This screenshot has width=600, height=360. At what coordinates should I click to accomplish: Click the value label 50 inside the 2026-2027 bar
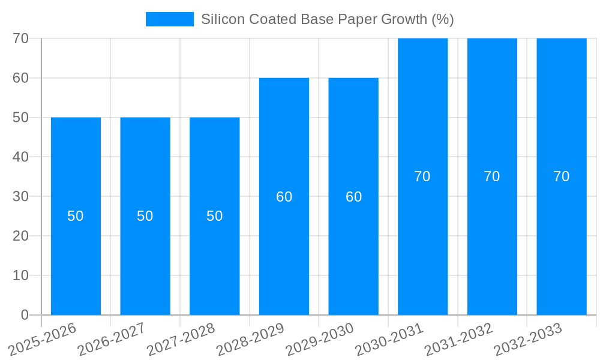145,216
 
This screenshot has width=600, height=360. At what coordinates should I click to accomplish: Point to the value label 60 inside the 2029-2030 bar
353,197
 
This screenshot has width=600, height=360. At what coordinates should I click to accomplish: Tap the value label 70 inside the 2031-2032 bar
492,176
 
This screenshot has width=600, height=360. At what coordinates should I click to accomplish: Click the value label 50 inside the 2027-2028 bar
215,216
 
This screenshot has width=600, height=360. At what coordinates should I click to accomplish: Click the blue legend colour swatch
170,19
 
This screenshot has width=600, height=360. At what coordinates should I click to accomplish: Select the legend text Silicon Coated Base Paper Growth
327,19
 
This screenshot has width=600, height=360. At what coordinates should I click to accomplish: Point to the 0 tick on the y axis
25,315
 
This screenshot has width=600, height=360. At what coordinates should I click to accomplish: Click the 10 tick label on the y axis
21,275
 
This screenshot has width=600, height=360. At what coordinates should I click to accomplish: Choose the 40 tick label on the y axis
21,157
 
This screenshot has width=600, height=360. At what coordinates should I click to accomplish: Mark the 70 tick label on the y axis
21,38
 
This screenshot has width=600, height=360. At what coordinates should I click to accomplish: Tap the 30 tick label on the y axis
21,196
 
